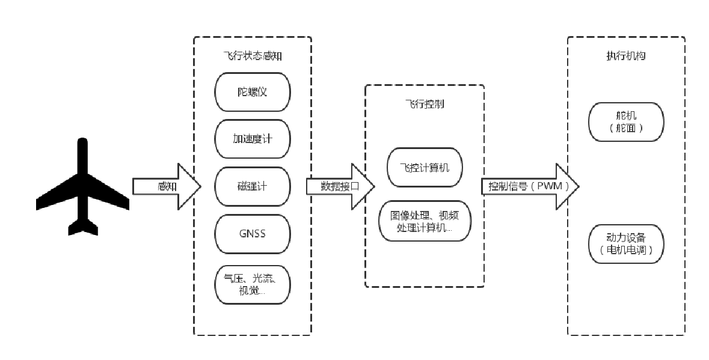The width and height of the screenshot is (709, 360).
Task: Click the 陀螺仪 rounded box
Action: pyautogui.click(x=253, y=92)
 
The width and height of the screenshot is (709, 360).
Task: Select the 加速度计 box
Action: pyautogui.click(x=253, y=139)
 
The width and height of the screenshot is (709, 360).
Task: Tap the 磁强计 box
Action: pyautogui.click(x=253, y=186)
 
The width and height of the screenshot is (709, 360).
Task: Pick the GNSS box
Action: pyautogui.click(x=253, y=233)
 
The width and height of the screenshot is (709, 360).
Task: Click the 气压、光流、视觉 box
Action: pyautogui.click(x=253, y=284)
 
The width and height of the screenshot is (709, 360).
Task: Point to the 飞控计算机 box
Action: pyautogui.click(x=425, y=168)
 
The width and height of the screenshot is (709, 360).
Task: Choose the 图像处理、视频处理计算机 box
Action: pyautogui.click(x=425, y=221)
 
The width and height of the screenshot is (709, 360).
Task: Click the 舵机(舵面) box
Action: pyautogui.click(x=626, y=122)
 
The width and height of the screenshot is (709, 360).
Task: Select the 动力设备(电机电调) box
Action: pyautogui.click(x=626, y=244)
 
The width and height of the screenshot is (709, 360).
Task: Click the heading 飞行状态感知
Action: pyautogui.click(x=253, y=56)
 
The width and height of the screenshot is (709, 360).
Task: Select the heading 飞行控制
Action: pyautogui.click(x=425, y=104)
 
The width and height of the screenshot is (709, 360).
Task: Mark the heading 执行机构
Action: pyautogui.click(x=626, y=56)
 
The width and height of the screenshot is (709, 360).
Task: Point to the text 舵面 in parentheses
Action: pyautogui.click(x=626, y=128)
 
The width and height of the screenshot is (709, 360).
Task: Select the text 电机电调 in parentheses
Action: pyautogui.click(x=626, y=250)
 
